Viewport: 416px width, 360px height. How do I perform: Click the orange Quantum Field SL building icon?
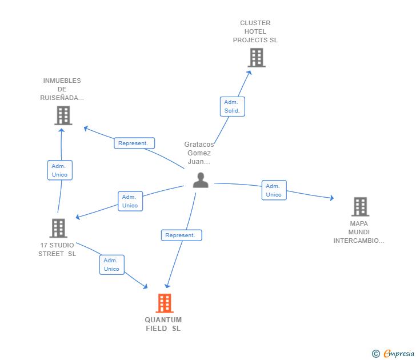coord(165,303)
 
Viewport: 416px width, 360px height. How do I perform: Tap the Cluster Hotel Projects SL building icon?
coord(257,58)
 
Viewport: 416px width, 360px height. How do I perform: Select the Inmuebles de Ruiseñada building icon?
coord(63,115)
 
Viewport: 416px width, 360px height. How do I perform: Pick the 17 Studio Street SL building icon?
coord(58,228)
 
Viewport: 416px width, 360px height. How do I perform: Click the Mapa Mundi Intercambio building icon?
coord(359,206)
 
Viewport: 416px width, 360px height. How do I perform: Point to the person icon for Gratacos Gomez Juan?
coord(201,180)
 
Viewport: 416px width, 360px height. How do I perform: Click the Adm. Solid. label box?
coord(232,106)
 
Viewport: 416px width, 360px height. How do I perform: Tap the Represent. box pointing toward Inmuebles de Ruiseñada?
coord(134,143)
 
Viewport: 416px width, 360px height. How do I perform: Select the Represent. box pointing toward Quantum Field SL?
coord(181,235)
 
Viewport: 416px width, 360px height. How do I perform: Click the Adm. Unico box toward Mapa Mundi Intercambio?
coord(274,190)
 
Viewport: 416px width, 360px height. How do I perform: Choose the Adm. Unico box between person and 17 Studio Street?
coord(130,201)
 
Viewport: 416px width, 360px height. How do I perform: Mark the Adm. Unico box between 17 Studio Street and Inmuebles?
coord(59,170)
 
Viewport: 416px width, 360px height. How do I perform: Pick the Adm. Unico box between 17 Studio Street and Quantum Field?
coord(111,265)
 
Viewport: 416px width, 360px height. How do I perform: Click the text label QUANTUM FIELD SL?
coord(163,324)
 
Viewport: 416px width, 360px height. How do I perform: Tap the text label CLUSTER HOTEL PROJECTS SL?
coord(255,31)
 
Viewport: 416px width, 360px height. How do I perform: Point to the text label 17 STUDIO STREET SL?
coord(57,249)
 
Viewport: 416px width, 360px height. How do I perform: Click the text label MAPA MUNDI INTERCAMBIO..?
coord(359,232)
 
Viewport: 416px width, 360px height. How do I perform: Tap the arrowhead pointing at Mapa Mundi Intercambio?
coord(331,198)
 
